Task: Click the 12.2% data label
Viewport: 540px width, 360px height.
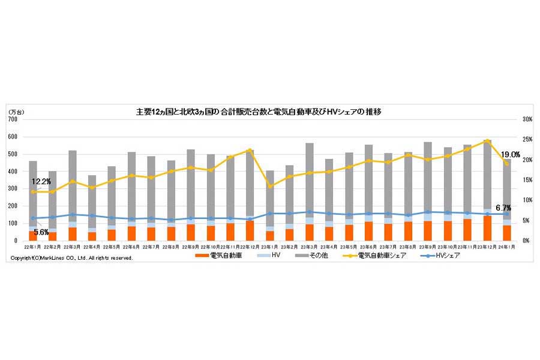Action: (40, 181)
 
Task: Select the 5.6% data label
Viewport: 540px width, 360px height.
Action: (41, 232)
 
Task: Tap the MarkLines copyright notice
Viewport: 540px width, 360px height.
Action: (72, 258)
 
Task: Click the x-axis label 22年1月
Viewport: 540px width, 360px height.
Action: (32, 247)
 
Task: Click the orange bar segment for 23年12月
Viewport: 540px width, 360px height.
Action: (487, 228)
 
